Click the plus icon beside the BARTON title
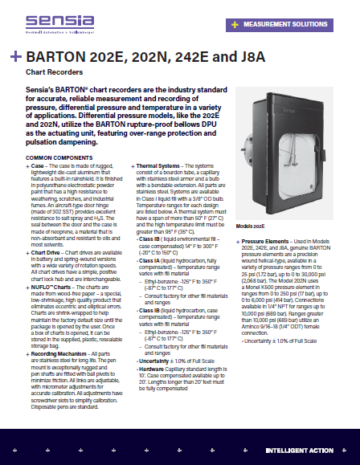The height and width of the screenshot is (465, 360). click(x=15, y=58)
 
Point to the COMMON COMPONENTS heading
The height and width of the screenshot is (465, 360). click(x=59, y=157)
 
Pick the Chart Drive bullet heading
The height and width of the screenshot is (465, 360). click(x=50, y=251)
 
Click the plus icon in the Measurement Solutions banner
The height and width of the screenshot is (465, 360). click(x=234, y=25)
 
